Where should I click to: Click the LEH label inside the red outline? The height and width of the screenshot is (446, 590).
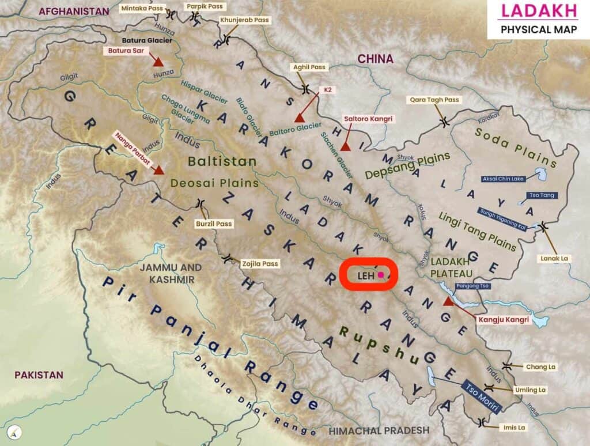(366, 275)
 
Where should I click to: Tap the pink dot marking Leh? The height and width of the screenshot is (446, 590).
(380, 275)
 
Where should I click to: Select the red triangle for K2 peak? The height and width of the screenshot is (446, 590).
(299, 118)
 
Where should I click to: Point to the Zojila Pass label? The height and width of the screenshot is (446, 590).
(259, 263)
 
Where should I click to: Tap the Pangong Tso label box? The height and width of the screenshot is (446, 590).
(472, 286)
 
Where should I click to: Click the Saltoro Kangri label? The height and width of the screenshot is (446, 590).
(368, 119)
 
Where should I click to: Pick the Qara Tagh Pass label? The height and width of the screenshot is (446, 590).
(435, 100)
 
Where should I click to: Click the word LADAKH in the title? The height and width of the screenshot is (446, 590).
(538, 11)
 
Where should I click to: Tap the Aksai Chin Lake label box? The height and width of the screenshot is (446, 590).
(503, 179)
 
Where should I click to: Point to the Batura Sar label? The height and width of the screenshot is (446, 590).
(126, 51)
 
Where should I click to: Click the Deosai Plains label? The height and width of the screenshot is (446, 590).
(214, 183)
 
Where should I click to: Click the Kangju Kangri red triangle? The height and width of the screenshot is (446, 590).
(448, 301)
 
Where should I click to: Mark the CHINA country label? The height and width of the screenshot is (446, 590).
(375, 59)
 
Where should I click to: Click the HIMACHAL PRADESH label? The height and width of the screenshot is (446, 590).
(379, 430)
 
